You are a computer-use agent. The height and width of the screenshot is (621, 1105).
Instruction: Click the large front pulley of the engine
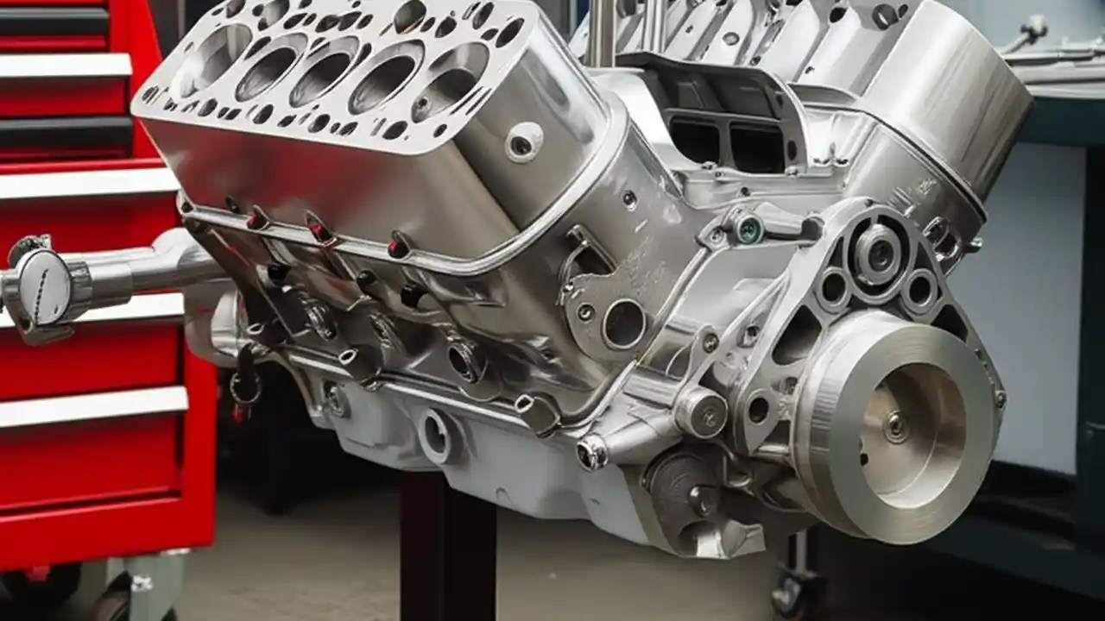click(893, 426)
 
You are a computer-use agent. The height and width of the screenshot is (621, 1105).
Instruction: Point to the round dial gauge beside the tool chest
click(43, 286)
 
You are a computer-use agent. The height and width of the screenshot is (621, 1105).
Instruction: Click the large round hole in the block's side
click(623, 324)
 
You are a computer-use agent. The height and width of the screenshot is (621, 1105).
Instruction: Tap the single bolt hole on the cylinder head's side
click(524, 142)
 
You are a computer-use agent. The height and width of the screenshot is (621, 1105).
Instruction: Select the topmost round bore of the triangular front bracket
click(879, 253)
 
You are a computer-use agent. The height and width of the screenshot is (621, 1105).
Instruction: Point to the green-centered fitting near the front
click(748, 229)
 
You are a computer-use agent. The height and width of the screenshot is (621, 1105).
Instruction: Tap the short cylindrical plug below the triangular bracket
click(699, 411)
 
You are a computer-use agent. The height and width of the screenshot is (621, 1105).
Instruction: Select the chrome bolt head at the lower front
click(592, 452)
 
